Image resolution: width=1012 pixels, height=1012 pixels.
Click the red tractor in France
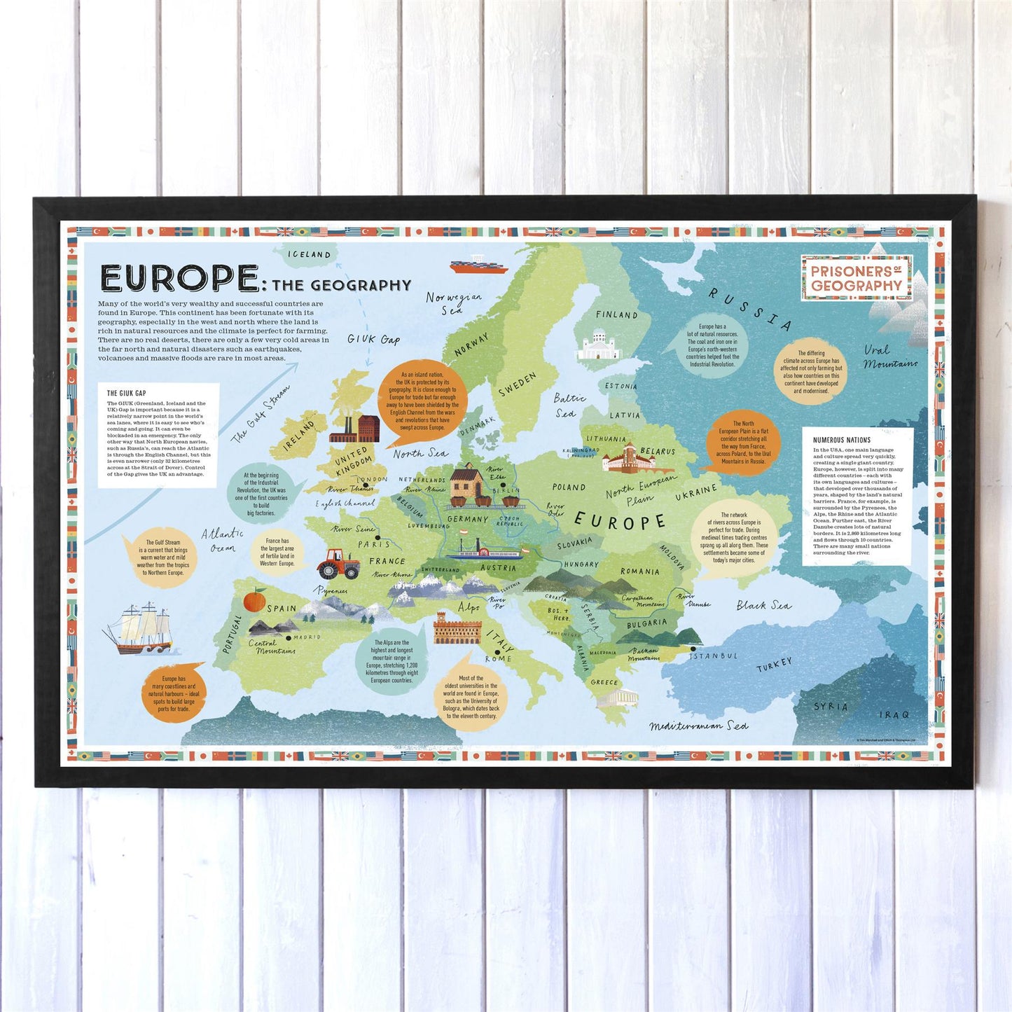pos(338,563)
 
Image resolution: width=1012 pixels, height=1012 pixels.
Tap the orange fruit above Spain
pos(254,600)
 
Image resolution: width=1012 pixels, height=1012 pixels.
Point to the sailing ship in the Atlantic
pos(139,628)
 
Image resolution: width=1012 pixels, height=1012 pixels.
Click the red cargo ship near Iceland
pos(479,265)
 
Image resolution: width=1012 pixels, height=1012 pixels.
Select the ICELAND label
pos(310,255)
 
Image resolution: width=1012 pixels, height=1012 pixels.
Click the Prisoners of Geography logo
pos(857,278)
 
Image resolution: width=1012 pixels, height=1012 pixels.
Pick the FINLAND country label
pos(616,315)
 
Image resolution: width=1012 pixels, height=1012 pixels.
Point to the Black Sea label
pos(763,605)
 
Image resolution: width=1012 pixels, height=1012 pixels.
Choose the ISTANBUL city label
pos(714,656)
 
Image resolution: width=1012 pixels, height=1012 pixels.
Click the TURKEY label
pos(774,665)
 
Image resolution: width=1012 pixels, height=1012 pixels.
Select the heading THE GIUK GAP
pos(127,394)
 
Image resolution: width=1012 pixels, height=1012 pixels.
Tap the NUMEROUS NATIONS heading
pos(842,441)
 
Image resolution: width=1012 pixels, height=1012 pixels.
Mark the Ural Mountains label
pos(888,356)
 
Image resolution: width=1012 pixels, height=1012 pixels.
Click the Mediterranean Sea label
pos(698,726)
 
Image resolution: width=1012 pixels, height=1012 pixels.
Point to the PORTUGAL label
pos(232,635)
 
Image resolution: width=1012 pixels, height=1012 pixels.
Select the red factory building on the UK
pos(356,429)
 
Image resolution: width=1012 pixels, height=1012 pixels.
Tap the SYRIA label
pos(831,707)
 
